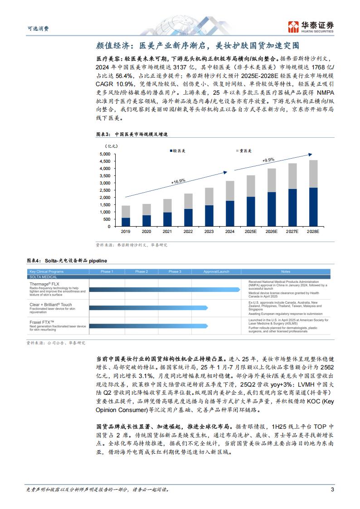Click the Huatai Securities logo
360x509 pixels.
311,27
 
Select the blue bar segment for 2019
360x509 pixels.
126,222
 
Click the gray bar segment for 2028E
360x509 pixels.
313,174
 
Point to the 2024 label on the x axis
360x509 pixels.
230,232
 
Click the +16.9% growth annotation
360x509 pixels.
178,181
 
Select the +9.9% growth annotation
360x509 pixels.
268,160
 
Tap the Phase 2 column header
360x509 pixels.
141,271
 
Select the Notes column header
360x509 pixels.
286,271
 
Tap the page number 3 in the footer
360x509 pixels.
332,489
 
